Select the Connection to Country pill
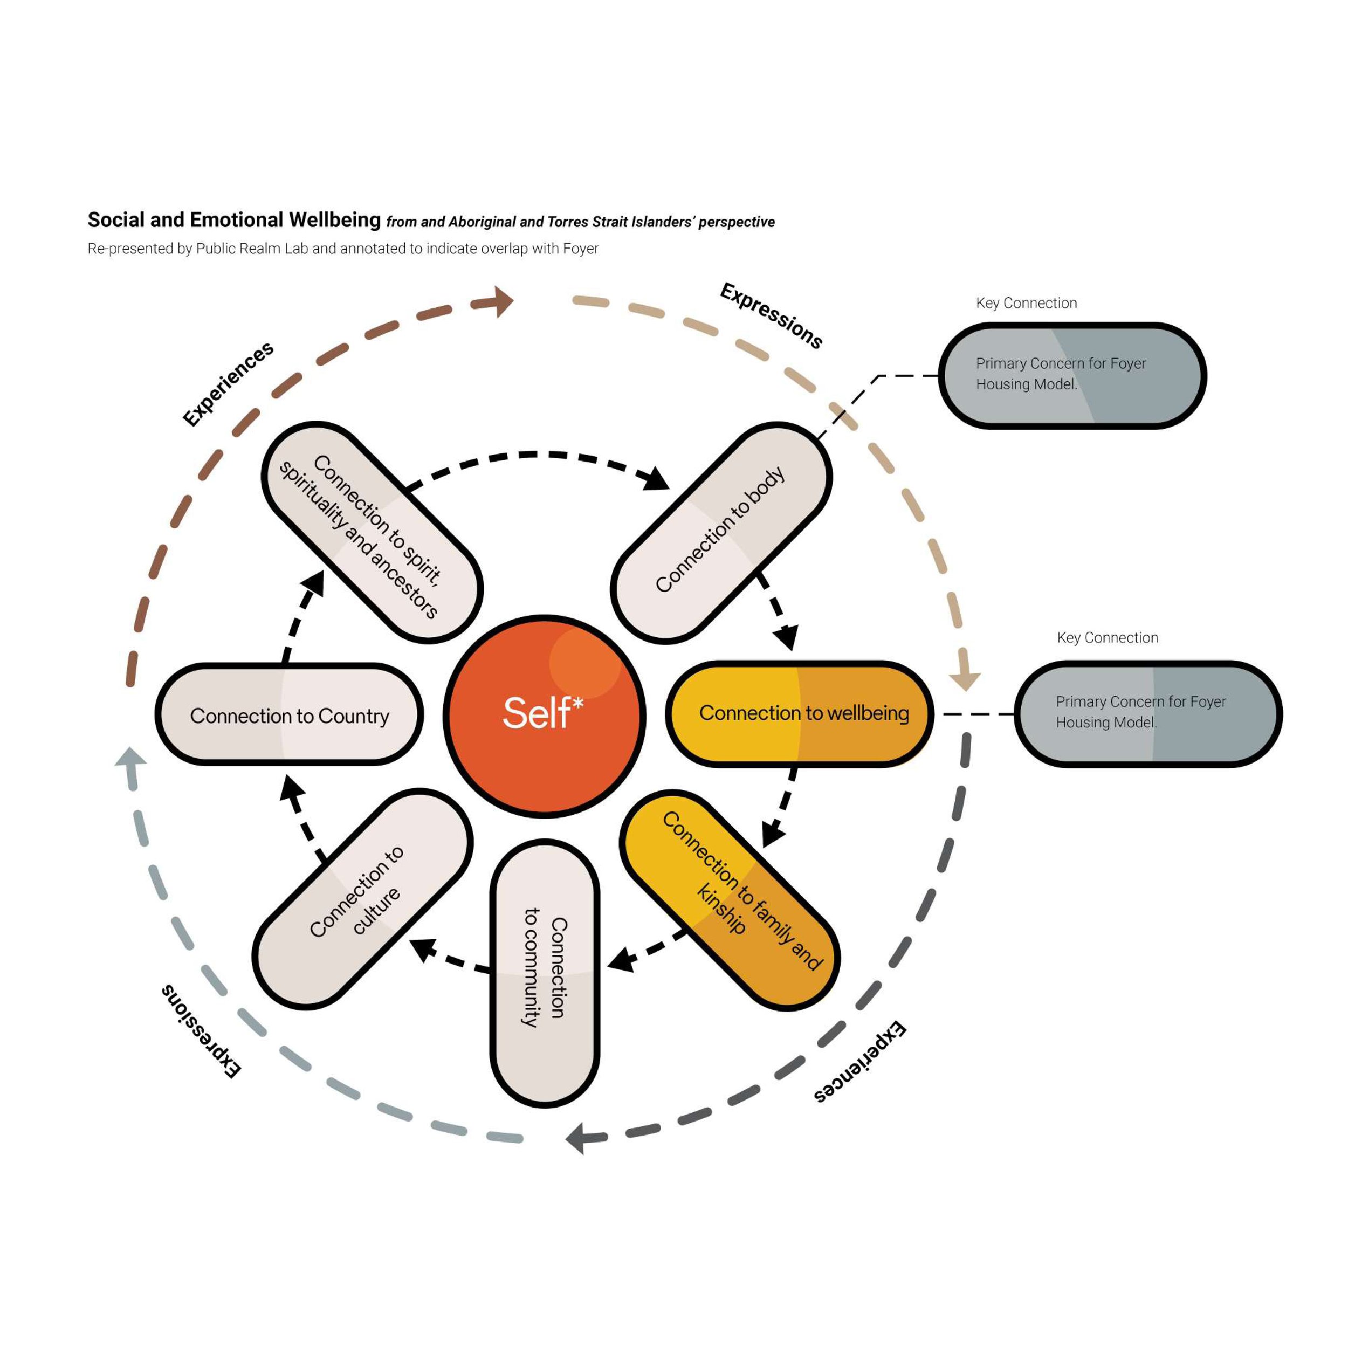tap(289, 714)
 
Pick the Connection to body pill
tap(721, 532)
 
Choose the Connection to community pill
tap(545, 973)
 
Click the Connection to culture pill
tap(363, 899)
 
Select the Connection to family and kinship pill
tap(730, 900)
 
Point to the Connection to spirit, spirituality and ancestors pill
tap(373, 532)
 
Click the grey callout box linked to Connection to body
tap(1073, 375)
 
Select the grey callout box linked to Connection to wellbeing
tap(1148, 714)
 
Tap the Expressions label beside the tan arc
tap(772, 315)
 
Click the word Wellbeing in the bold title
tap(335, 221)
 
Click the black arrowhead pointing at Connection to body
tap(657, 479)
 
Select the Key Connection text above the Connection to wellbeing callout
tap(1108, 638)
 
